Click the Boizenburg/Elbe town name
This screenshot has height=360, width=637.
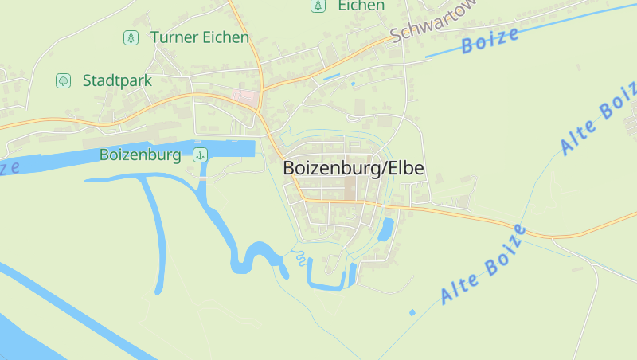coord(354,169)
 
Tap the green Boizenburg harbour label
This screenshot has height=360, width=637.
coord(140,155)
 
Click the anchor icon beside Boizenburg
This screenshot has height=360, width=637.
coord(201,155)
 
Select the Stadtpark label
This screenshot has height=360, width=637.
coord(117,80)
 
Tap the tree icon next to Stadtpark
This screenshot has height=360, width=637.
coord(62,80)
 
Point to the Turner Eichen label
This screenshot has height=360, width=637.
coord(199,37)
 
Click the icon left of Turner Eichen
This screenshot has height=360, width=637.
coord(130,37)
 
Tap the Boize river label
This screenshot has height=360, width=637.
coord(490,41)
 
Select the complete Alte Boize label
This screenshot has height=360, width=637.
coord(483,264)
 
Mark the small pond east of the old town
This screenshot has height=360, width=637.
coord(386,229)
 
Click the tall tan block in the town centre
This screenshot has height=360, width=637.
coord(351,188)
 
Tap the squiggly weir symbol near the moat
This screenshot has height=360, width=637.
coord(299,256)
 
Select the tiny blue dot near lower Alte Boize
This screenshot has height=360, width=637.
coord(412,313)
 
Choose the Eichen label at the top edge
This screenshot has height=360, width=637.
coord(361,6)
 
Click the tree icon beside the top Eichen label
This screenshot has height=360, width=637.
coord(318,6)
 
